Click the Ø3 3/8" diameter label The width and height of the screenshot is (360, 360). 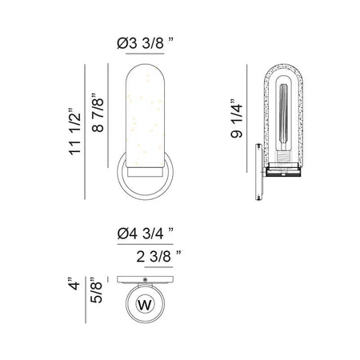coord(145,43)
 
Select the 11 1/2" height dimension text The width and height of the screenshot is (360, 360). coord(75,132)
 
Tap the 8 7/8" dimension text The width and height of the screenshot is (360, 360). coord(98,113)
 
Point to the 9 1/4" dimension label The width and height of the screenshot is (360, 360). coord(237,118)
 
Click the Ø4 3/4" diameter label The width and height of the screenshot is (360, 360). coord(146,234)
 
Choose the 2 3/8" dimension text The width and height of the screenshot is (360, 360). coord(158,257)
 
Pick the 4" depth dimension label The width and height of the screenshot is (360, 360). coord(74,284)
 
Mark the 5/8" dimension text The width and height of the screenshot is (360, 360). coord(96,290)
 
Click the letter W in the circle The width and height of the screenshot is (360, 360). coord(145,305)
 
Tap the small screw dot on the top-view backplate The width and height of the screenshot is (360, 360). coord(145,279)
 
